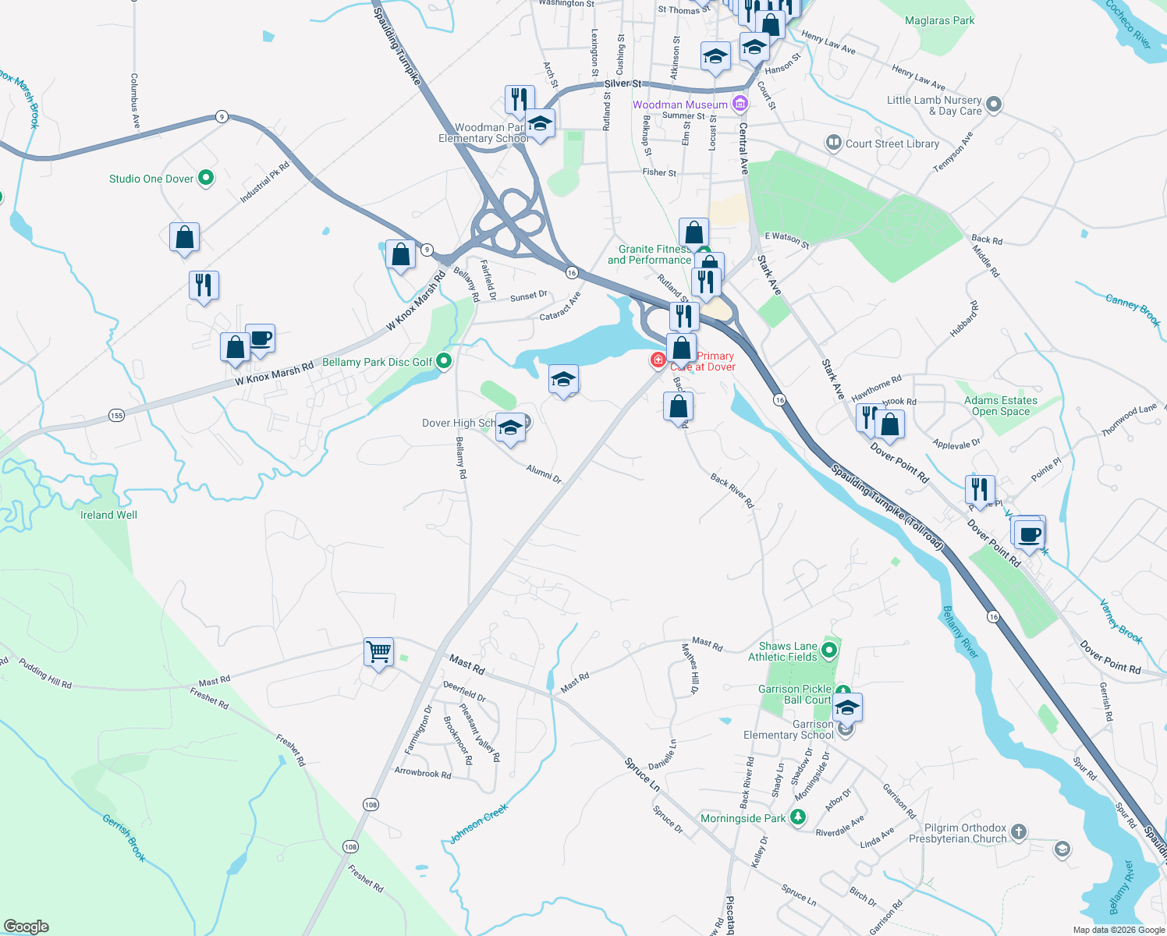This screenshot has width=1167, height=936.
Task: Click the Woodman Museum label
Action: (x=679, y=105)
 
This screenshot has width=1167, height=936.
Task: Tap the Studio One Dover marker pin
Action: (x=206, y=179)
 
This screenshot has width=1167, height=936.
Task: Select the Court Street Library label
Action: (x=892, y=144)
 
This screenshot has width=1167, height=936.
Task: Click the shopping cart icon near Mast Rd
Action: (x=378, y=651)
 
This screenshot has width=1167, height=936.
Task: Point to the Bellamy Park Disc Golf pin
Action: (x=444, y=361)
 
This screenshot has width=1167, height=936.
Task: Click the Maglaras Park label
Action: (x=939, y=21)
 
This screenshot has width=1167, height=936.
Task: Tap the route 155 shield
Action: (x=116, y=415)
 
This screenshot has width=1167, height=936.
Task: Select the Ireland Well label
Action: (x=108, y=515)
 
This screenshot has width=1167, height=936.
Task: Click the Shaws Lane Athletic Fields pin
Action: (x=829, y=650)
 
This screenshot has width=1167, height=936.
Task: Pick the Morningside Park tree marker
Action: (x=797, y=817)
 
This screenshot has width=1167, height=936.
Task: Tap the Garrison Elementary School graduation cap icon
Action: (x=847, y=707)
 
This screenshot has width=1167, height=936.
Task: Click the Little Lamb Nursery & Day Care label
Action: (x=934, y=105)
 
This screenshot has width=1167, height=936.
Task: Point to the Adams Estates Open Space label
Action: (x=1001, y=406)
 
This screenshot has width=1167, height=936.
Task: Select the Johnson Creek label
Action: (x=478, y=824)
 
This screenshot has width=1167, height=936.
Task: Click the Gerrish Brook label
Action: (x=124, y=838)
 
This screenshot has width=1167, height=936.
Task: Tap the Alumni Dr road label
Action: (x=544, y=473)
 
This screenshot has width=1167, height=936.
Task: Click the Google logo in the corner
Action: (x=26, y=927)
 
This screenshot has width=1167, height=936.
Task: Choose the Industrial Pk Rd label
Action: (x=264, y=183)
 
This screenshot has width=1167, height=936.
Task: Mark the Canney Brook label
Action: (x=1133, y=309)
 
